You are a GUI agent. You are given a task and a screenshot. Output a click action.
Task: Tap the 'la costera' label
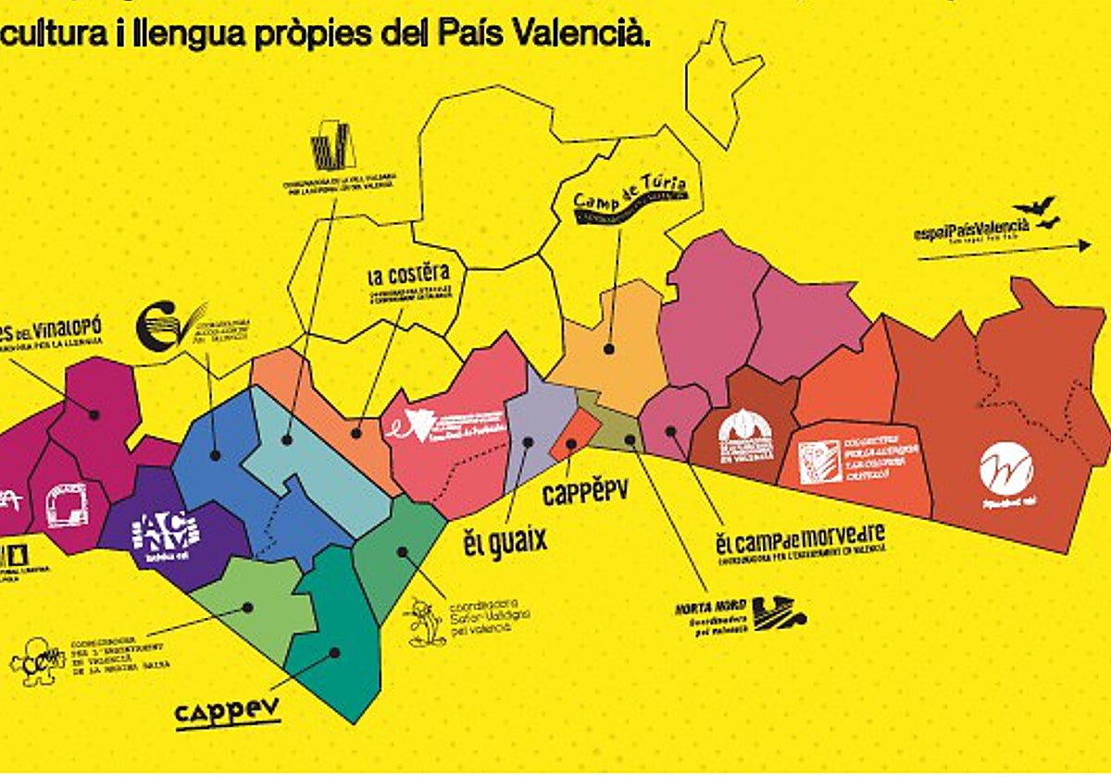[x=408, y=274]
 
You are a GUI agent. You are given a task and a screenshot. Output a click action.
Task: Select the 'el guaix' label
[x=506, y=540]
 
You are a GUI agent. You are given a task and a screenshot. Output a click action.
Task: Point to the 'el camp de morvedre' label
[x=800, y=536]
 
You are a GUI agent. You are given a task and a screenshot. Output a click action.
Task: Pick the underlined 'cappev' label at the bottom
[x=228, y=713]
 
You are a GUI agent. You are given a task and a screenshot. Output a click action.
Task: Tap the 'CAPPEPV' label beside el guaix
[x=584, y=491]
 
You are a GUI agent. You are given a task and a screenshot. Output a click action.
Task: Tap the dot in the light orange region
[x=609, y=350]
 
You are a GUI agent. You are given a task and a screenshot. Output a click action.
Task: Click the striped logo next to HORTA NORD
[x=779, y=612]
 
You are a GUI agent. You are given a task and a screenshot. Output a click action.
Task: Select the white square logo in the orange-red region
[x=820, y=462]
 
